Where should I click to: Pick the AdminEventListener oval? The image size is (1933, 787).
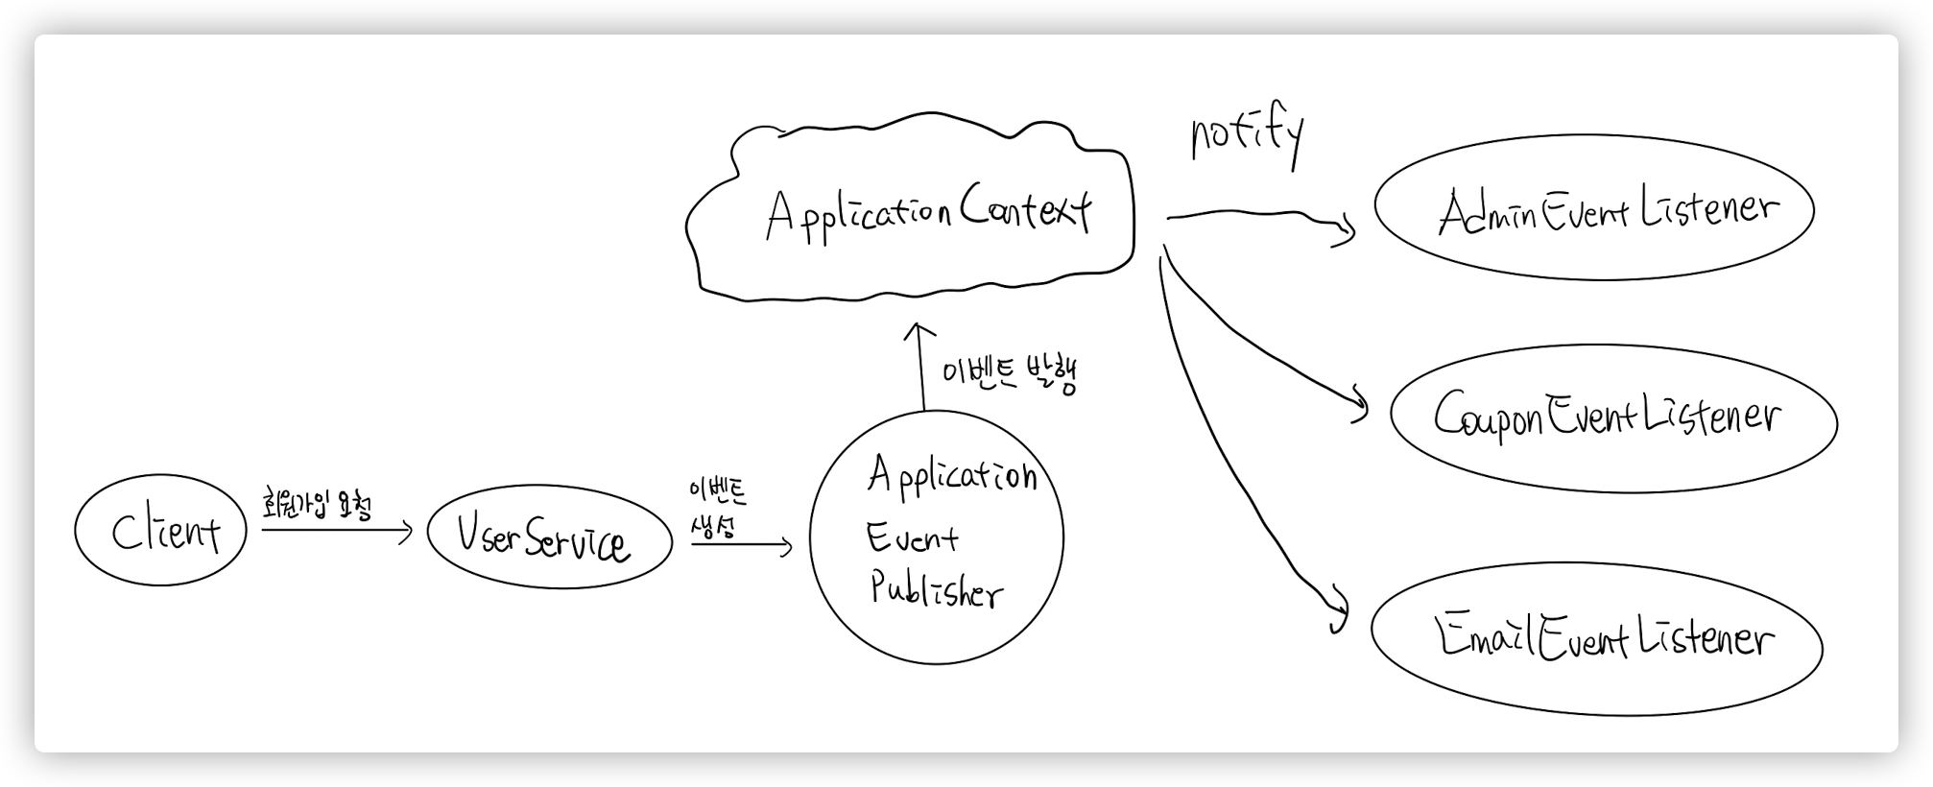point(1593,209)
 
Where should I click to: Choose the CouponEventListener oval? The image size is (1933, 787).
point(1612,418)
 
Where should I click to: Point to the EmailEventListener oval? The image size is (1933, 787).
point(1596,638)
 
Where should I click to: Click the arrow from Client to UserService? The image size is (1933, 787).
point(336,530)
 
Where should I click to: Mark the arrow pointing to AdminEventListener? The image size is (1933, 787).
point(1257,218)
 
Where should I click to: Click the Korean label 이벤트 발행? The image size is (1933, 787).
point(1010,374)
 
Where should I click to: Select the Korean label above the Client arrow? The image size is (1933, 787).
point(316,504)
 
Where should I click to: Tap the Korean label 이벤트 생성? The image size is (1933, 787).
point(716,509)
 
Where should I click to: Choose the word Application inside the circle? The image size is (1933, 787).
point(951,475)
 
